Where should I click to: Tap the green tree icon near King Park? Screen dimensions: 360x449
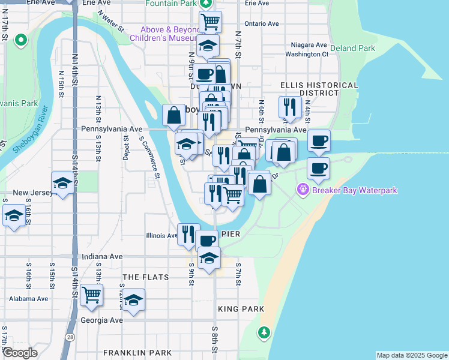[264, 332]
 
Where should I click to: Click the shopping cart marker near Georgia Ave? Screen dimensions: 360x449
[91, 295]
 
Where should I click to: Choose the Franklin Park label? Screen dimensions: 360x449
[137, 353]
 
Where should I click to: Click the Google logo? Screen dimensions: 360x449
[19, 353]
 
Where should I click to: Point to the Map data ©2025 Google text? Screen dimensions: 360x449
[412, 355]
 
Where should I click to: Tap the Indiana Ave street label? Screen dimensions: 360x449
[100, 257]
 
